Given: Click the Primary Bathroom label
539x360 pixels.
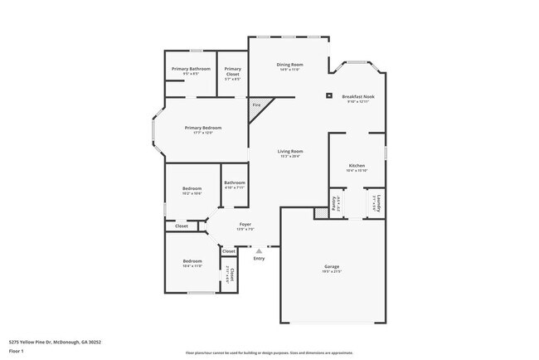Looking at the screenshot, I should click(191, 69).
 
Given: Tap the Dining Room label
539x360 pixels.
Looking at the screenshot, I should click(289, 64).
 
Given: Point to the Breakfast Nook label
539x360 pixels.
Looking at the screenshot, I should click(358, 97).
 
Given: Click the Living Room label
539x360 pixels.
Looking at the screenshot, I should click(289, 151).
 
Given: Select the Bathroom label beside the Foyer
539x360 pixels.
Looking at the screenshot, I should click(235, 182).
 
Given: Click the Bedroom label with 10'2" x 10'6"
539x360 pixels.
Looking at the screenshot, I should click(192, 188).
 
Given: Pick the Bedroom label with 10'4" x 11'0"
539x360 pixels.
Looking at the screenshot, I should click(192, 261).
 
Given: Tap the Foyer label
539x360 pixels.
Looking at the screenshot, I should click(245, 224).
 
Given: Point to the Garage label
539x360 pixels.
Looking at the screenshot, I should click(332, 266).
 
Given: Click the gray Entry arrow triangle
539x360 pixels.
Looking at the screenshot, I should click(259, 249).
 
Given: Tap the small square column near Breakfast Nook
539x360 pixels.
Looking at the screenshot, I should click(328, 95).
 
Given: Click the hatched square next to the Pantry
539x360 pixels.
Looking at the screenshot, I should click(319, 213).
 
